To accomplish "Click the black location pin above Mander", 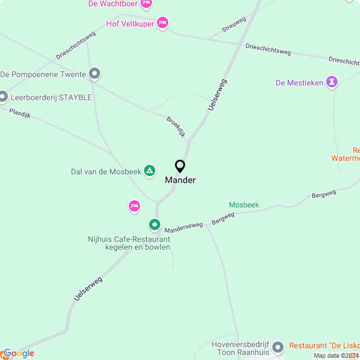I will pyautogui.click(x=180, y=166).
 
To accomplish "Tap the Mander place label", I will pyautogui.click(x=180, y=181).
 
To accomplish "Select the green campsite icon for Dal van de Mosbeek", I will pyautogui.click(x=150, y=170).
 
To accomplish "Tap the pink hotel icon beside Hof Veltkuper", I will pyautogui.click(x=162, y=23).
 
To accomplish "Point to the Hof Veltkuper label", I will pyautogui.click(x=130, y=24).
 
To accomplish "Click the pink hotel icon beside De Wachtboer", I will pyautogui.click(x=146, y=4).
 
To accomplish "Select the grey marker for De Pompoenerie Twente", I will pyautogui.click(x=94, y=74).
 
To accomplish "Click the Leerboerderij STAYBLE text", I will pyautogui.click(x=51, y=97).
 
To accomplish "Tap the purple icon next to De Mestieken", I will pyautogui.click(x=332, y=83).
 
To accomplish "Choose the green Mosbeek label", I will pyautogui.click(x=244, y=205).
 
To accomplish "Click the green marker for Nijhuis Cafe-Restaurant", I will pyautogui.click(x=155, y=225).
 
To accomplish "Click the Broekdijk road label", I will pyautogui.click(x=175, y=127).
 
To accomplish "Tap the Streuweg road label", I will pyautogui.click(x=234, y=24).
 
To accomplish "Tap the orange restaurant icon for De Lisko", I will pyautogui.click(x=282, y=345).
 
